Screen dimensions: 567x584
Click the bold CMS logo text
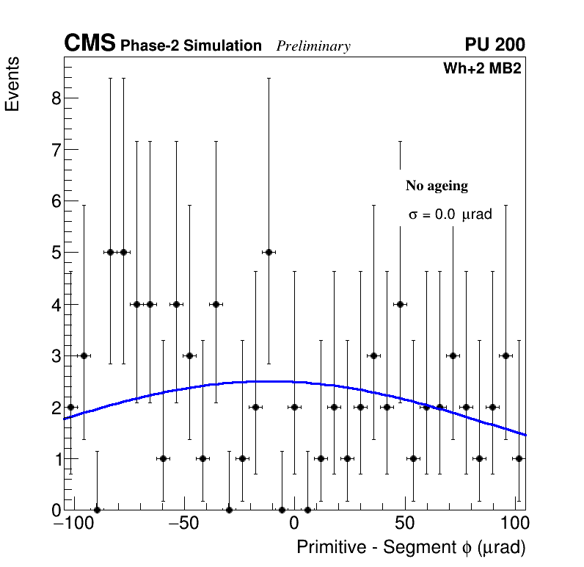point(90,44)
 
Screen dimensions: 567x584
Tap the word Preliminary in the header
point(313,46)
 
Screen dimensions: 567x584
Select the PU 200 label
point(494,45)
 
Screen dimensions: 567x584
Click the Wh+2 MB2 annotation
point(482,69)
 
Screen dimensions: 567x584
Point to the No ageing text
point(437,186)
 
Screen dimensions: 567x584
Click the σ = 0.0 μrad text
point(450,215)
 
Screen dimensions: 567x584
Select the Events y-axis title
point(12,84)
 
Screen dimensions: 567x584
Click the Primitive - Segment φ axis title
point(411,548)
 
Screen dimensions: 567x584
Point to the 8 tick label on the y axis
point(56,98)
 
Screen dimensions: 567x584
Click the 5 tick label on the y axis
point(56,253)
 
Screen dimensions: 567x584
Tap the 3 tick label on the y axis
point(56,355)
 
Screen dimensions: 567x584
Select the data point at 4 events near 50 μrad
point(400,304)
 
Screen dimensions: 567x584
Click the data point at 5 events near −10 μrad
point(269,252)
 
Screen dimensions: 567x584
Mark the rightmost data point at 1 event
point(519,458)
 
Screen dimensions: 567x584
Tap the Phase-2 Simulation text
point(191,46)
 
